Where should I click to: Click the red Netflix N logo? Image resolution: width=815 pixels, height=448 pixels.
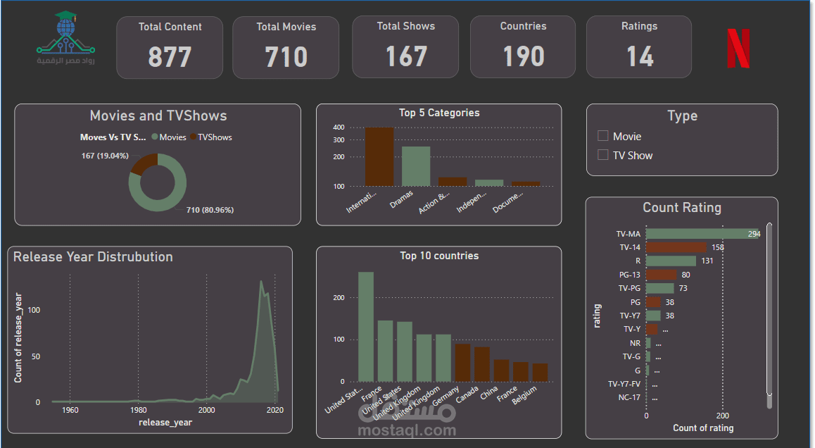click(x=738, y=49)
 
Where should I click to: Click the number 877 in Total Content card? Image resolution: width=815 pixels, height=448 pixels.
click(x=170, y=57)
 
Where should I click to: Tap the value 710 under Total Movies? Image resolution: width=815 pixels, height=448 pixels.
click(x=286, y=57)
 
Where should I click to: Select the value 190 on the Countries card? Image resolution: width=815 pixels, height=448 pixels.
click(x=523, y=57)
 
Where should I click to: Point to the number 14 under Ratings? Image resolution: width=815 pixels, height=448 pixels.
click(x=639, y=57)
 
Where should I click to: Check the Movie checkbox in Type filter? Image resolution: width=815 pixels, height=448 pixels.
click(x=602, y=136)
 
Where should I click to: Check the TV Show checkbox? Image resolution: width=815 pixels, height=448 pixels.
click(x=602, y=155)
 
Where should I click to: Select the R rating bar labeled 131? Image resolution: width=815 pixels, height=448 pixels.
click(x=671, y=261)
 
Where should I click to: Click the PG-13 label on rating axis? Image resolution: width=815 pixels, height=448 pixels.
click(x=629, y=275)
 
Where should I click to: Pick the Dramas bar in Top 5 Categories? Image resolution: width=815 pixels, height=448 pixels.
click(x=416, y=166)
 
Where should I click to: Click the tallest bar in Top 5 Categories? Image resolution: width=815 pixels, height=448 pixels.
click(x=379, y=156)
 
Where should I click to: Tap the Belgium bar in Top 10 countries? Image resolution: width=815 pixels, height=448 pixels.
click(x=540, y=373)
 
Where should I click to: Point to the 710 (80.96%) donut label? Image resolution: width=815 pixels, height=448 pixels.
click(x=210, y=210)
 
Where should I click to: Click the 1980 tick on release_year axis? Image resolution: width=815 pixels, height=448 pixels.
click(x=139, y=410)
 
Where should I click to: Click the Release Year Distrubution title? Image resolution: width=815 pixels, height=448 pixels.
click(x=93, y=257)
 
